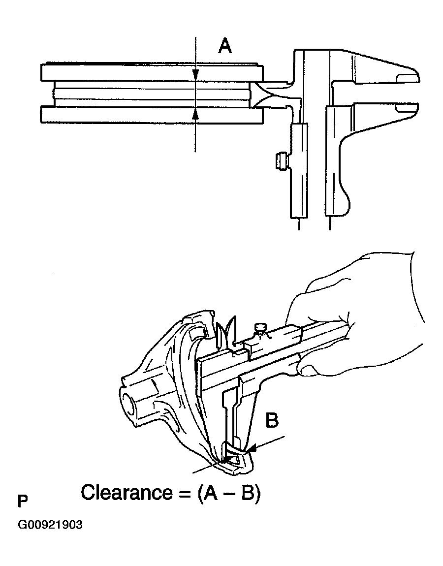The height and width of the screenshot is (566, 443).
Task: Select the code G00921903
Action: tap(50, 525)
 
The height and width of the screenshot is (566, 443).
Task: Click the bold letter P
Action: tap(22, 502)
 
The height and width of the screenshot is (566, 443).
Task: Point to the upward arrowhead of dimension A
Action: tap(195, 114)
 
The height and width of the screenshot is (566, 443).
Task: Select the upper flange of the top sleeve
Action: tap(150, 72)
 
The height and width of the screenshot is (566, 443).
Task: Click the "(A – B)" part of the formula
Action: tap(227, 493)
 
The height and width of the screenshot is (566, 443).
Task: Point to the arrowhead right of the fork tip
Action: tap(253, 448)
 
